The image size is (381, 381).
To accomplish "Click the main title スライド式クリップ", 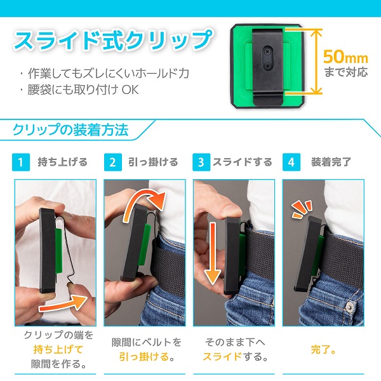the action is [x=114, y=41].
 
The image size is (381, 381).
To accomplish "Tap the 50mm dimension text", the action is [x=345, y=57].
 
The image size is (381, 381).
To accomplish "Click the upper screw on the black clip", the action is [x=267, y=51].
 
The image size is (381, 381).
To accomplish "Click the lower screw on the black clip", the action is [x=267, y=65].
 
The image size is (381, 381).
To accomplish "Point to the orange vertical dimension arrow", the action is [x=316, y=61].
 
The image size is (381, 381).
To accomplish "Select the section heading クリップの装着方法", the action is [x=70, y=130].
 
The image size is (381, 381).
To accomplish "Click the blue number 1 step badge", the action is [x=21, y=162].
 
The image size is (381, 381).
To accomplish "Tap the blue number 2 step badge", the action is [x=113, y=162].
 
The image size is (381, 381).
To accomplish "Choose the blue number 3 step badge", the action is [x=201, y=162].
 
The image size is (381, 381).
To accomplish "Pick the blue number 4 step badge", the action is [x=291, y=162].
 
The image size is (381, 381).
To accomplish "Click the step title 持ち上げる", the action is [x=62, y=162].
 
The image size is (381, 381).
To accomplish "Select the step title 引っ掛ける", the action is [x=153, y=162].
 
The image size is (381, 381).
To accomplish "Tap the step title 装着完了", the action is [x=331, y=162].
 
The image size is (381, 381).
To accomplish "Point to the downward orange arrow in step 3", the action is [x=213, y=253].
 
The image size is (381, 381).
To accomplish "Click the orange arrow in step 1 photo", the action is [x=63, y=303].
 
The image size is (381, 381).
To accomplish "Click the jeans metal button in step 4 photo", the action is [x=349, y=307].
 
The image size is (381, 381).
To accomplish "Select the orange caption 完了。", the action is [x=323, y=350].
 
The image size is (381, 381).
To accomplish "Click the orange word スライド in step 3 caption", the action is [x=222, y=356].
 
